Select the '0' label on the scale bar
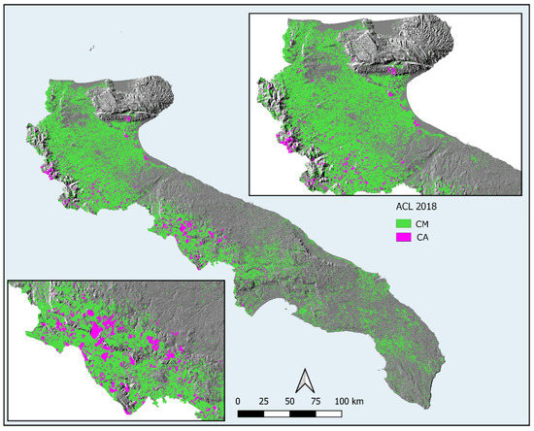tap(238, 400)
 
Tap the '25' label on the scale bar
tap(266, 400)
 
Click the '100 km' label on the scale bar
tap(352, 400)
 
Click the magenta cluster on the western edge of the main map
tap(46, 173)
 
